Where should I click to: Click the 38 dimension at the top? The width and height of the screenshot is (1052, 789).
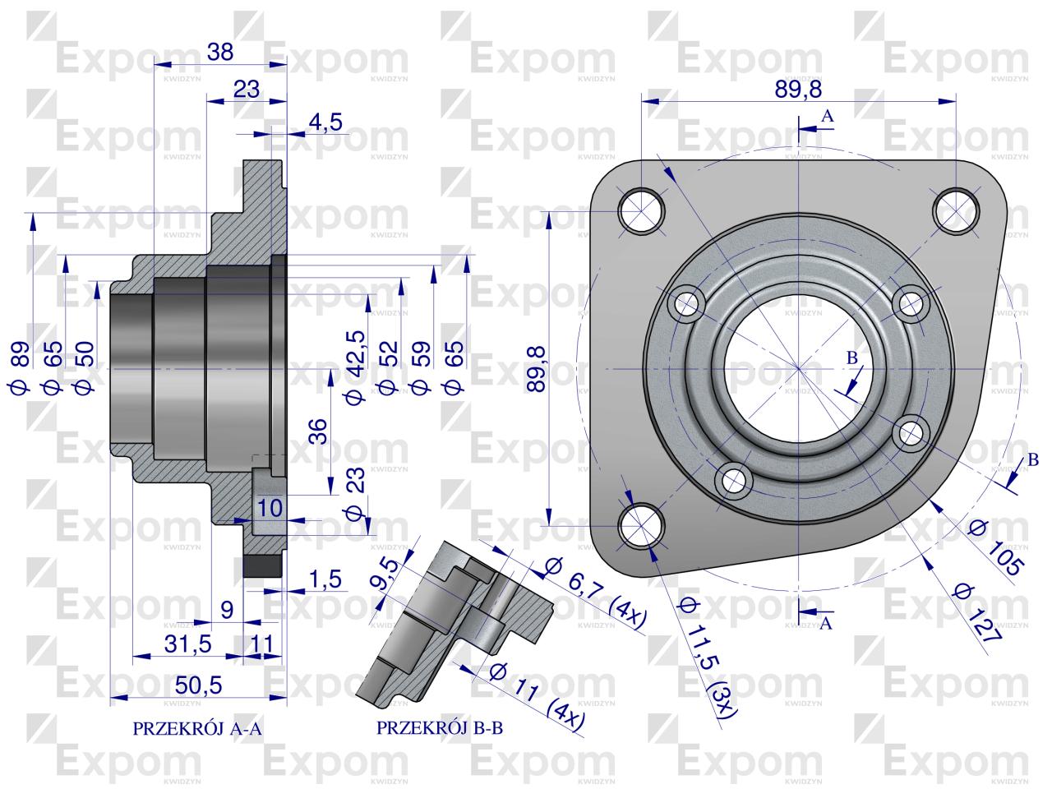[220, 52]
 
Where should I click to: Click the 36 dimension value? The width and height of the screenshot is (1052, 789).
[319, 431]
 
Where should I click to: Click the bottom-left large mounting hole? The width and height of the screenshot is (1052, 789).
[640, 528]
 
